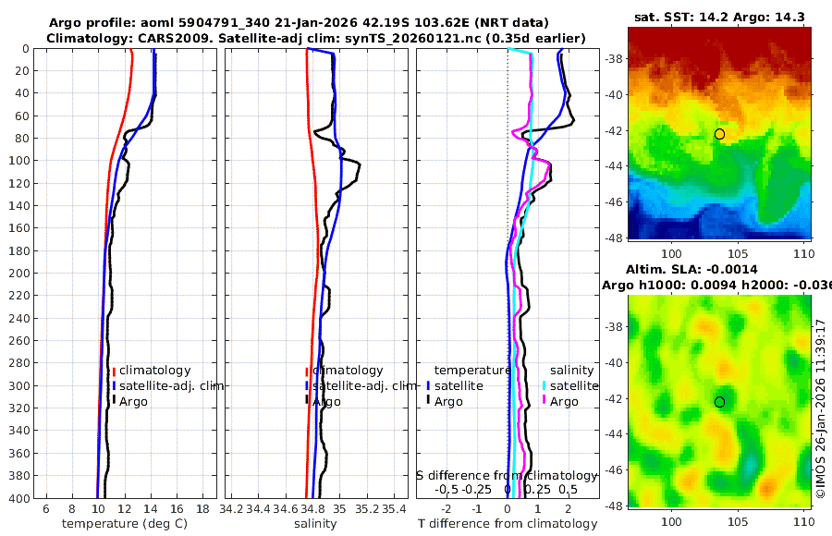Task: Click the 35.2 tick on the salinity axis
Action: coord(367,509)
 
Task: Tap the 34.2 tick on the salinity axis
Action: coord(233,509)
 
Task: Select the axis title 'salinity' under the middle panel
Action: coord(314,524)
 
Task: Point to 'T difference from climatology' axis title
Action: coord(508,524)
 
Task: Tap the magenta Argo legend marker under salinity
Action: coord(544,401)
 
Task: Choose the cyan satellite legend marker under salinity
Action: coord(544,386)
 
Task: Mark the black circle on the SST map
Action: coord(719,134)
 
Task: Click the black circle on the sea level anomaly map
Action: coord(719,402)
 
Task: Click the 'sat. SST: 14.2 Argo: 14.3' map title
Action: coord(719,17)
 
